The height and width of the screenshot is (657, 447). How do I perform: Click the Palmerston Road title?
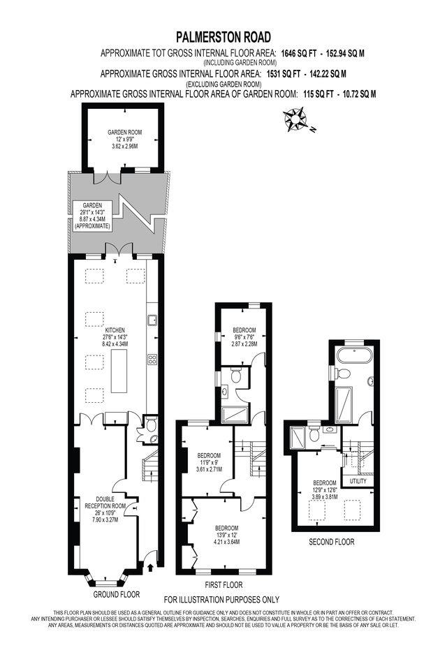coord(223,36)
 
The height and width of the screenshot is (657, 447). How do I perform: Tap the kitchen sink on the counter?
coord(152,320)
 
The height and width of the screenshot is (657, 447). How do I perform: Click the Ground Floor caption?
coord(117,594)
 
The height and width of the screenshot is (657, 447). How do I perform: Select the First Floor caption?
coord(223,584)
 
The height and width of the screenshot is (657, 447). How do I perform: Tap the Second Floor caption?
coord(332,542)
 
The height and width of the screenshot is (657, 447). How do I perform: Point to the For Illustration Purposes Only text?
coord(221,600)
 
